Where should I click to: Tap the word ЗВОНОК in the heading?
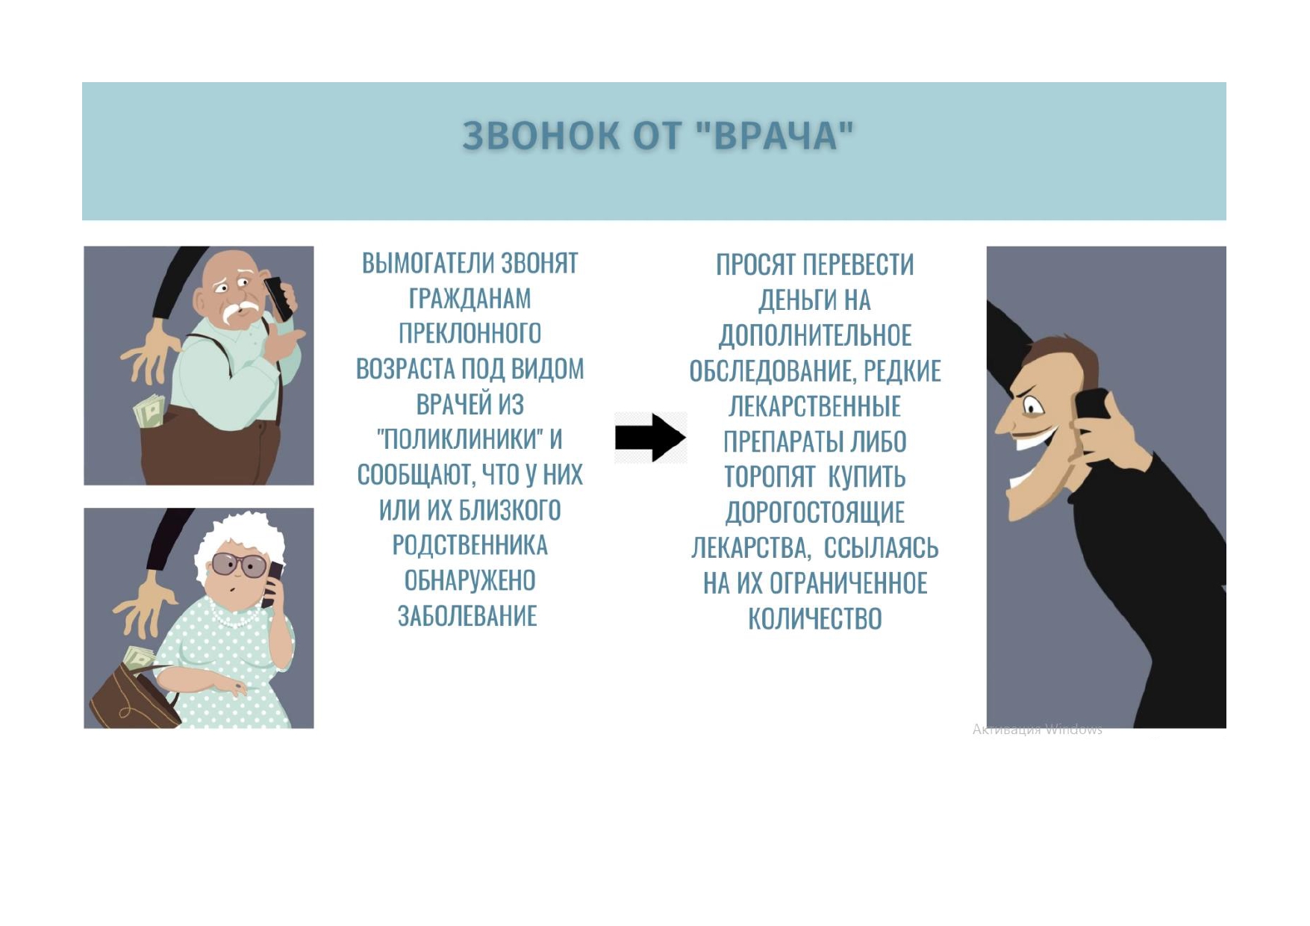(x=541, y=136)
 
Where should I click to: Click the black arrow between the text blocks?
(x=650, y=438)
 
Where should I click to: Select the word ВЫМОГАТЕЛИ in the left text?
(x=428, y=264)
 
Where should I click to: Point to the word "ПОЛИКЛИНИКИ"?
(x=460, y=439)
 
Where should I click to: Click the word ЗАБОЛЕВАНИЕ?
(x=468, y=616)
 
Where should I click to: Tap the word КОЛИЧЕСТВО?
(x=815, y=619)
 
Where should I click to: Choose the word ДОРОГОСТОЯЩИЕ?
(x=815, y=512)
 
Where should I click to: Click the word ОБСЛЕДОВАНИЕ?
(x=771, y=371)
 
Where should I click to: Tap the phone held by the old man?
(x=278, y=297)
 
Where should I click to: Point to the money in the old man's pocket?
(x=149, y=411)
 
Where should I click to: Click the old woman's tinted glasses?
(x=238, y=564)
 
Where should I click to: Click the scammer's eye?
(x=1033, y=408)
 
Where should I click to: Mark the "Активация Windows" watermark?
(x=1037, y=730)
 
